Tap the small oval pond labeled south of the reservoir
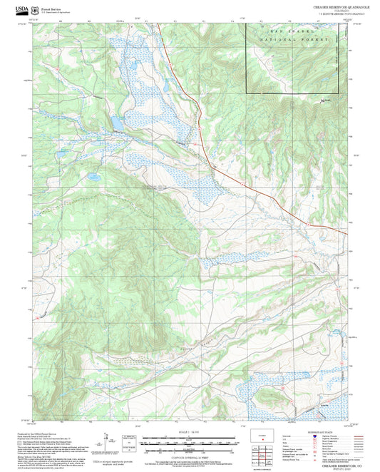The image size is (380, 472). click(93, 175)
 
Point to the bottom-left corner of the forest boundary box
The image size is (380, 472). click(247, 93)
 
